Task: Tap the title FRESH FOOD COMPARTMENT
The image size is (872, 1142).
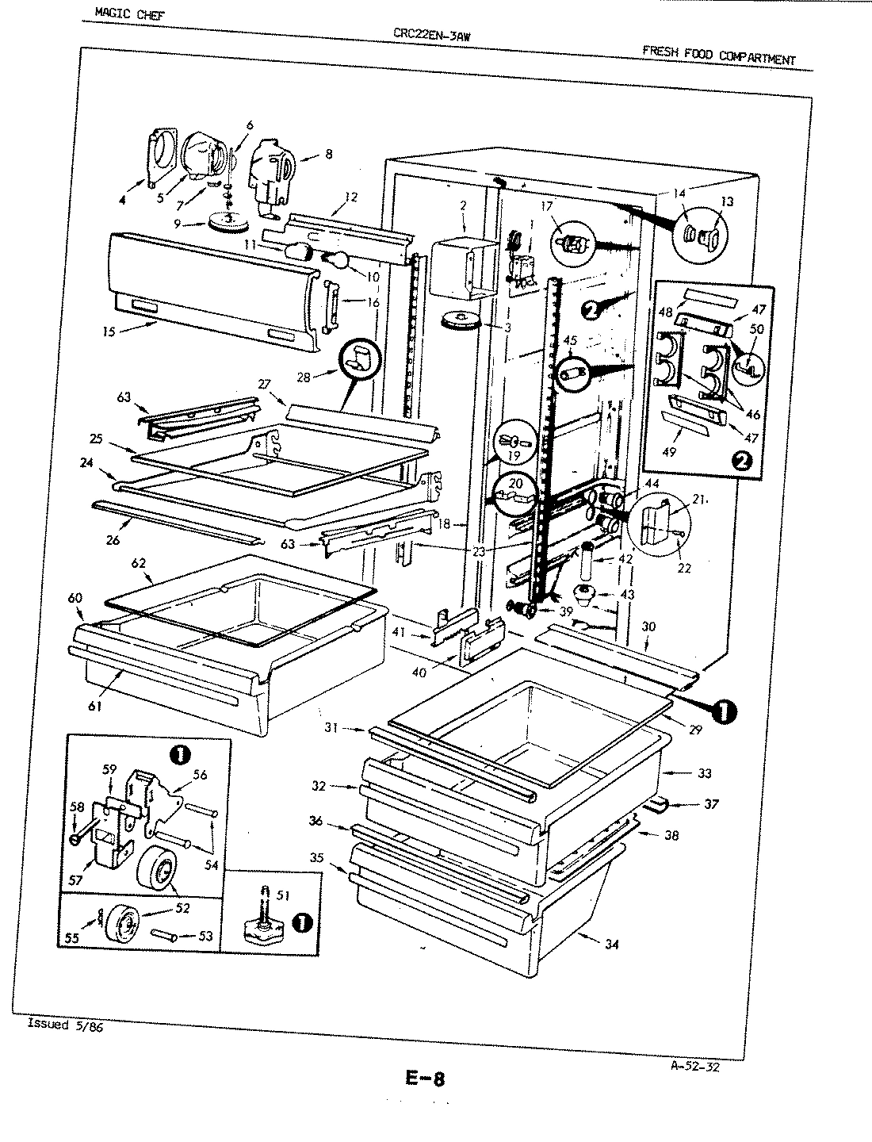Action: point(717,56)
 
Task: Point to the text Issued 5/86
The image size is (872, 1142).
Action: point(65,1023)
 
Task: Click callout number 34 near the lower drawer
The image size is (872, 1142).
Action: point(610,944)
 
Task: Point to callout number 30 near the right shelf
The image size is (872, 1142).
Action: point(648,626)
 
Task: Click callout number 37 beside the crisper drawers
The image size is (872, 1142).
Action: point(710,804)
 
